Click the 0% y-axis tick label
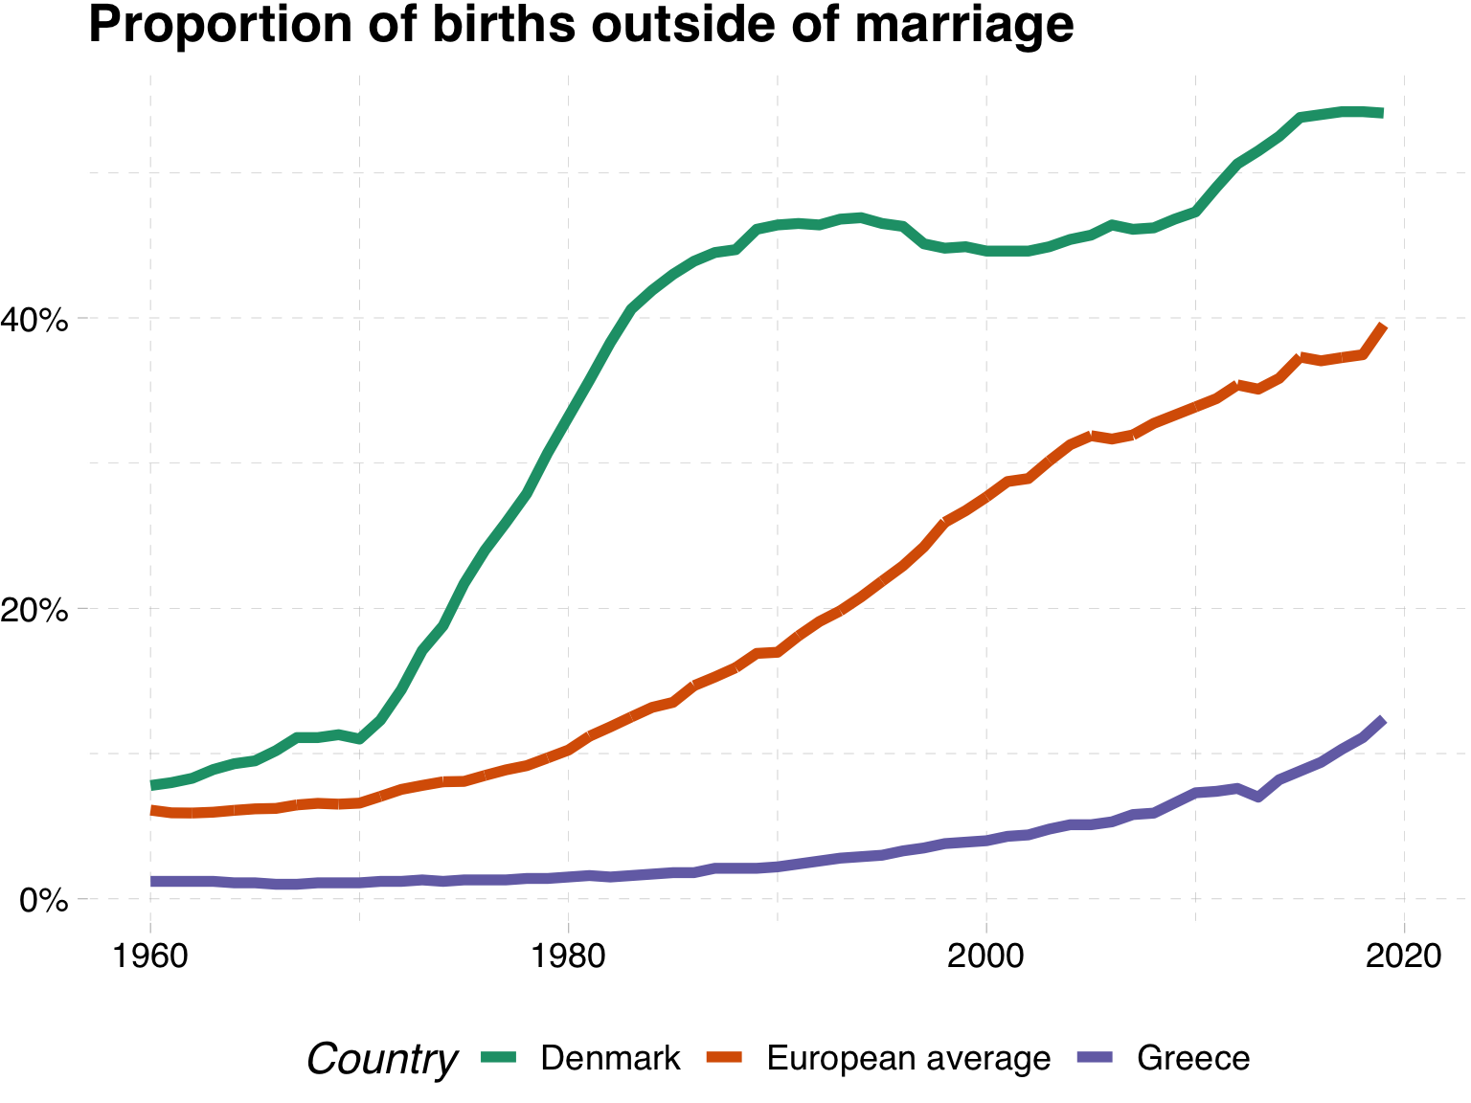click(44, 901)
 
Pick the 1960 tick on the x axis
click(150, 957)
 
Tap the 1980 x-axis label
click(568, 957)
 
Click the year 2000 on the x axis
click(986, 957)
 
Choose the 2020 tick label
click(1404, 957)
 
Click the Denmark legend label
click(610, 1058)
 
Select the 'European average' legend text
click(909, 1058)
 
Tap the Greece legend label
click(1193, 1058)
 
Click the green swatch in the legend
click(498, 1057)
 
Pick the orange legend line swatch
click(725, 1057)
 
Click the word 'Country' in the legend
click(381, 1059)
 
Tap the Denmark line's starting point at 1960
click(151, 785)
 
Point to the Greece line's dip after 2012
click(1257, 797)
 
